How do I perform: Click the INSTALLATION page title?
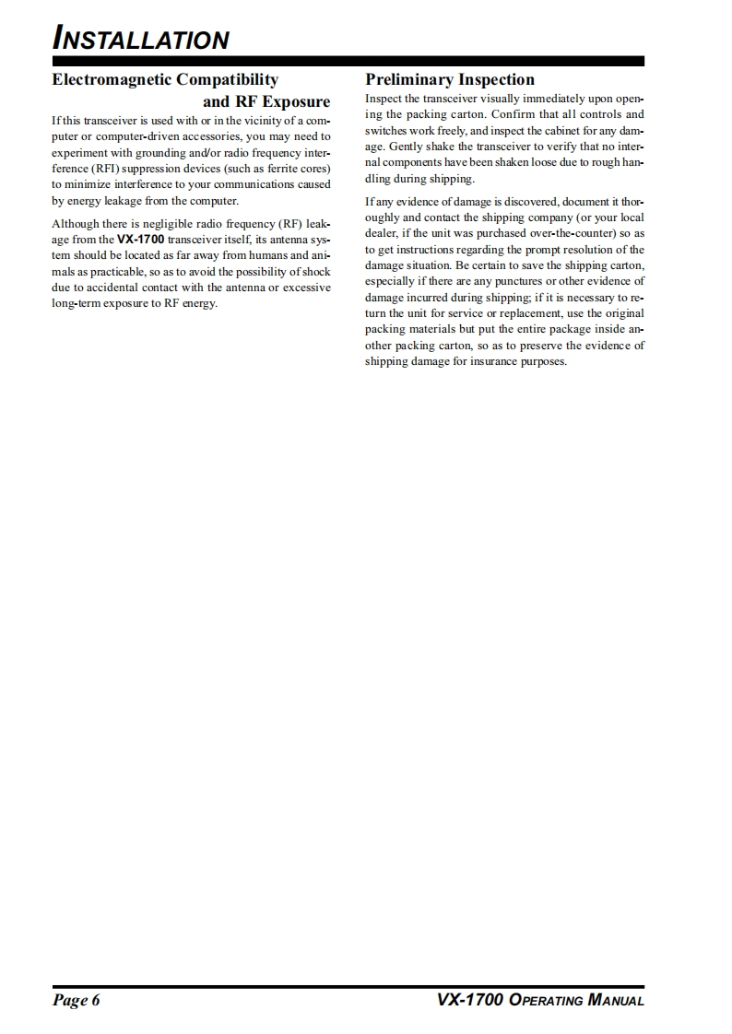[141, 40]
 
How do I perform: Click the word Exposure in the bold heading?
[289, 101]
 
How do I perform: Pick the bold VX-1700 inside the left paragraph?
[140, 239]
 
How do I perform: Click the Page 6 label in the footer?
[76, 1001]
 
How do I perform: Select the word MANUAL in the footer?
[616, 1001]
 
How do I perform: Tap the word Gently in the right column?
[407, 146]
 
